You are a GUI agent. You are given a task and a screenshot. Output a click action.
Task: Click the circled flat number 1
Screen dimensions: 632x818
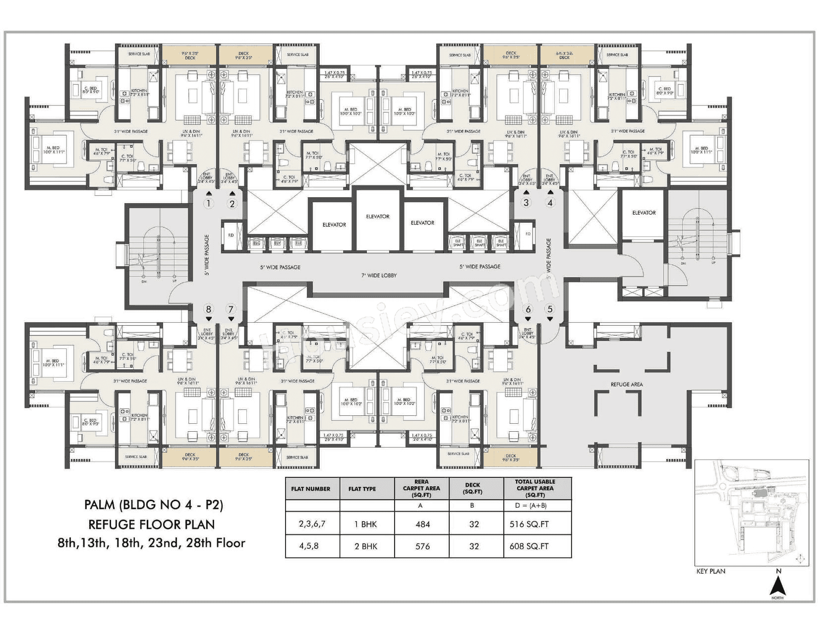(209, 203)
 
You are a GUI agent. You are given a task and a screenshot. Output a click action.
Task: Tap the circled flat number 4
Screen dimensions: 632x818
(549, 202)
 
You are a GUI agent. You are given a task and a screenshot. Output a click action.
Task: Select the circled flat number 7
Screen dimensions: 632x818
(231, 310)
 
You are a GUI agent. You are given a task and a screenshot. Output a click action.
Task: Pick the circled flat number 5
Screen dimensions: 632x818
(549, 310)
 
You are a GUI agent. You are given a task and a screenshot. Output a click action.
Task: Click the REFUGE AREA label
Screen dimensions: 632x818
(627, 384)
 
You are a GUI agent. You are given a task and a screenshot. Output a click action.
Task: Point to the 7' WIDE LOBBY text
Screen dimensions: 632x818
(379, 276)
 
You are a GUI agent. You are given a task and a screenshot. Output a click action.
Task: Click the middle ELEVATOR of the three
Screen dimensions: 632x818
(378, 217)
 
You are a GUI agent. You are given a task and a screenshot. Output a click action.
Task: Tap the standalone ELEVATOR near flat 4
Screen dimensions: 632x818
(643, 213)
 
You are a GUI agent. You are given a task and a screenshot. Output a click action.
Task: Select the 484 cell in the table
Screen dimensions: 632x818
(422, 524)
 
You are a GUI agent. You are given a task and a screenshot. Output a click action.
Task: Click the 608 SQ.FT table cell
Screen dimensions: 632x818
(529, 546)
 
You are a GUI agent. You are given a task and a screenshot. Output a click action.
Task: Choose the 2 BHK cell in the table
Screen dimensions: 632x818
(365, 546)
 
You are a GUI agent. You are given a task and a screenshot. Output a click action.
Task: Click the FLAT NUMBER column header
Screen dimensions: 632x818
(311, 489)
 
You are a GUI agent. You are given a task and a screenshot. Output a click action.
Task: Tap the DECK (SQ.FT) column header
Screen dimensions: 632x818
(472, 488)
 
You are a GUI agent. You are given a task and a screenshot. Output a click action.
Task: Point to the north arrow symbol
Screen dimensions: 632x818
(778, 588)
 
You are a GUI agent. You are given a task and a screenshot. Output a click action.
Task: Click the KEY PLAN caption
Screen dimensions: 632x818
(710, 571)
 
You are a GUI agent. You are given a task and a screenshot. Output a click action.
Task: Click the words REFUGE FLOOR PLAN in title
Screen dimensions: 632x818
(151, 524)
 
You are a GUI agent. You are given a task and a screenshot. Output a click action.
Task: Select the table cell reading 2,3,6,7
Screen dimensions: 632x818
(312, 524)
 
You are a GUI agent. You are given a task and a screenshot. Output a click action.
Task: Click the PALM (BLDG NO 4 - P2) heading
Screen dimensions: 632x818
(154, 505)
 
